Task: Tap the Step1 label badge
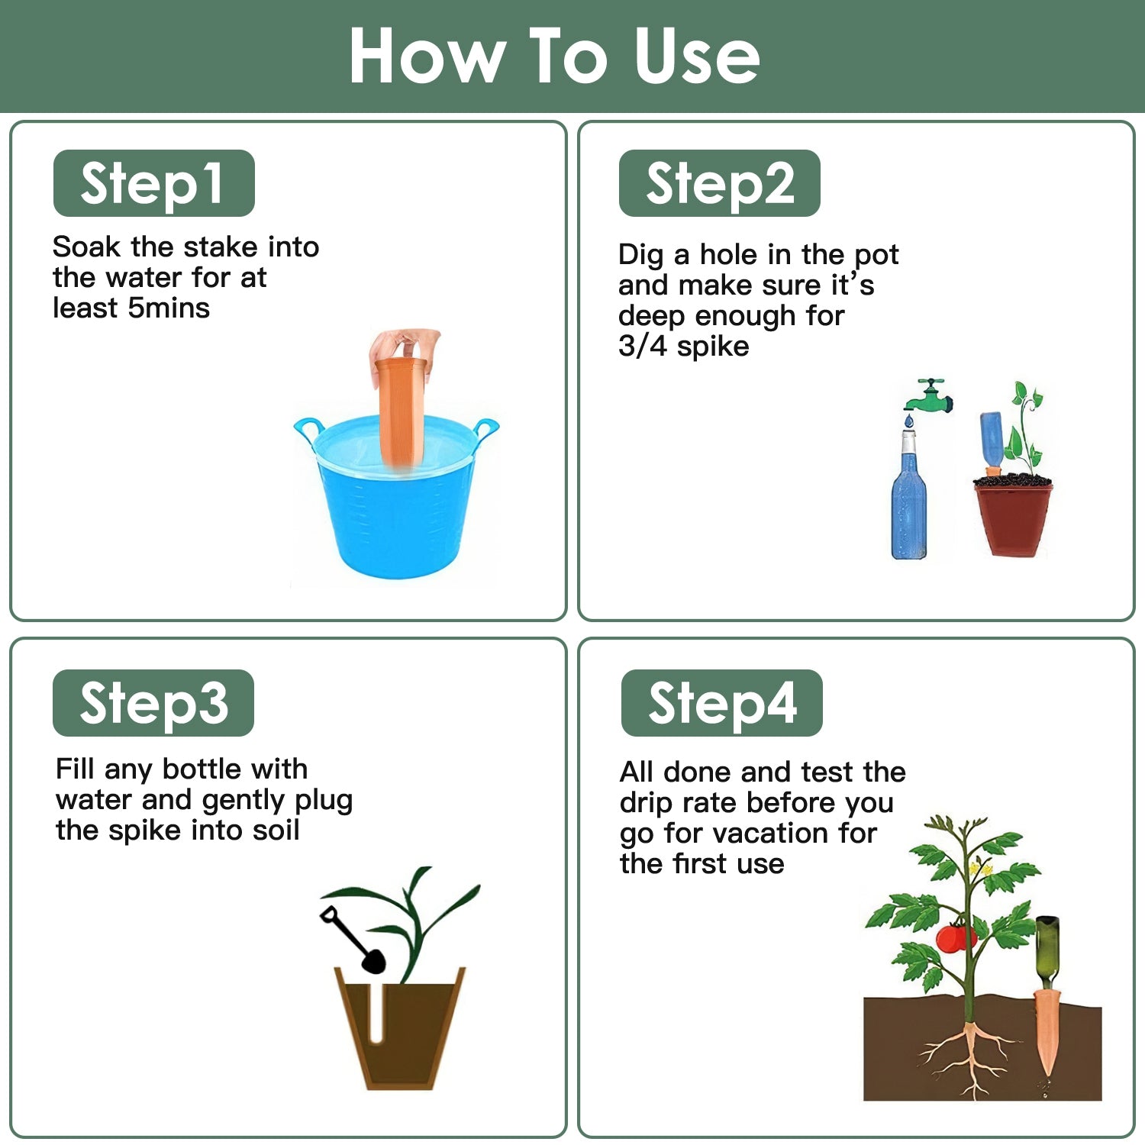point(153,183)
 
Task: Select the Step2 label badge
point(720,183)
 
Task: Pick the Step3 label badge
point(153,703)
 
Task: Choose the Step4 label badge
point(722,703)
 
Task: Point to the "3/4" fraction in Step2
point(643,346)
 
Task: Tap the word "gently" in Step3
point(244,801)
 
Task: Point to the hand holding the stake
point(405,353)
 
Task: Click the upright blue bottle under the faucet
point(909,495)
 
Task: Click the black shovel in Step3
point(353,939)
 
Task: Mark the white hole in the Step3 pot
point(376,1013)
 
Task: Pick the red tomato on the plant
point(955,937)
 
